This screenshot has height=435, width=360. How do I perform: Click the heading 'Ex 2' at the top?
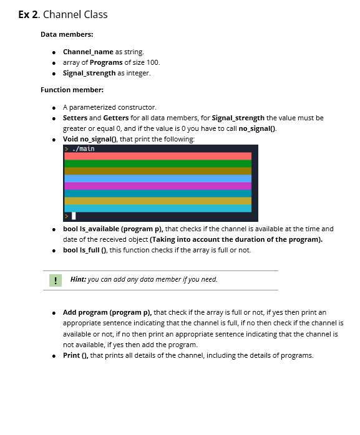[x=27, y=14]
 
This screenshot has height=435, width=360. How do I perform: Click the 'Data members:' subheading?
[x=67, y=34]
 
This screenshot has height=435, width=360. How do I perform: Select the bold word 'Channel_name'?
[x=88, y=52]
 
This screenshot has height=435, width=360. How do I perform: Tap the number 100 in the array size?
[x=153, y=62]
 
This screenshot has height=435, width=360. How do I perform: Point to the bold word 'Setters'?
[x=75, y=117]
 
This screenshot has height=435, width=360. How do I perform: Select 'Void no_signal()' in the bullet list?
[x=92, y=138]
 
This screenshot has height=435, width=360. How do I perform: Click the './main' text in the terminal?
[x=84, y=149]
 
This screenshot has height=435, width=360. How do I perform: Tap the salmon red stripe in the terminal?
[x=157, y=156]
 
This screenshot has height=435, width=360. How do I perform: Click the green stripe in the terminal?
[x=157, y=163]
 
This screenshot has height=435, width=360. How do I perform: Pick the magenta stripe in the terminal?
[x=157, y=186]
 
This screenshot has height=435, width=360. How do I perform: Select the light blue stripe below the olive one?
[x=157, y=178]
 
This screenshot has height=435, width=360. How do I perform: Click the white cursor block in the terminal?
[x=74, y=216]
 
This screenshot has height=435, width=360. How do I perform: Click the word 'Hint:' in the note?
[x=79, y=279]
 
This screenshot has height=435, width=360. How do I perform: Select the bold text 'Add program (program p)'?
[x=107, y=312]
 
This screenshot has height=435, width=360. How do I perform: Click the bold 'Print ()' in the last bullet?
[x=75, y=355]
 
